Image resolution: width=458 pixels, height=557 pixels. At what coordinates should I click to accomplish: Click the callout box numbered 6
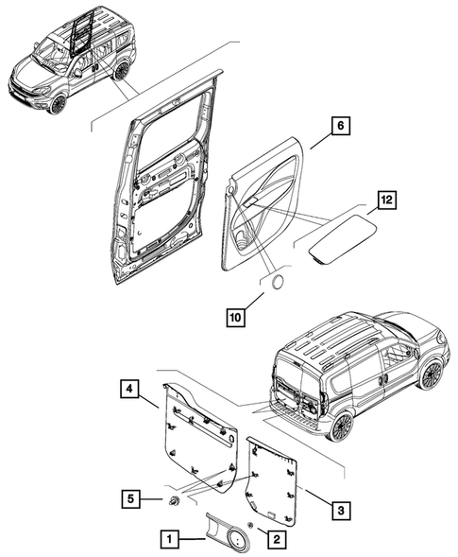(x=341, y=126)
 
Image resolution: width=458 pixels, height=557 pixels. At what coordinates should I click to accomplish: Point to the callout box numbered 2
(x=275, y=539)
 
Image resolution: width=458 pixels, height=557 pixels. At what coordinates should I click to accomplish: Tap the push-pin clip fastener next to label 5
(x=175, y=499)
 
